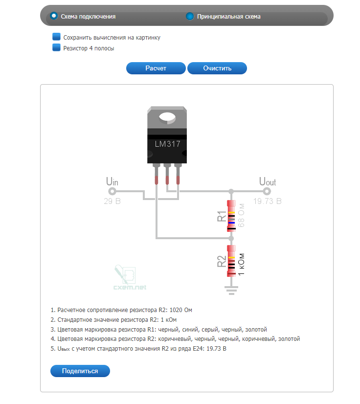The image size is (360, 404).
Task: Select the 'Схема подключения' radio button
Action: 54,16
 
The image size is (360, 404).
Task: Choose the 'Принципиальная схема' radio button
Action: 190,16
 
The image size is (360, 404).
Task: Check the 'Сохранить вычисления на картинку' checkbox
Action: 56,37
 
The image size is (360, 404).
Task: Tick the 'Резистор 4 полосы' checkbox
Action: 56,47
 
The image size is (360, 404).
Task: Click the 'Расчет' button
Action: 156,68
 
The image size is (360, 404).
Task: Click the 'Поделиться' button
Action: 80,371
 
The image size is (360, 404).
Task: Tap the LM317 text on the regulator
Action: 167,144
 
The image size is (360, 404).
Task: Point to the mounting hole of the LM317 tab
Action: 167,117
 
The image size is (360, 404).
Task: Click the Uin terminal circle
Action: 112,191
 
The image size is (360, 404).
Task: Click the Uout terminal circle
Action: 267,191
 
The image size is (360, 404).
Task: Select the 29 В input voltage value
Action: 112,201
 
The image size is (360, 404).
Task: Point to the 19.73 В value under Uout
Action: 267,201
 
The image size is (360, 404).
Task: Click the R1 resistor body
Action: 231,216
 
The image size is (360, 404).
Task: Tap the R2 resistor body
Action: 231,261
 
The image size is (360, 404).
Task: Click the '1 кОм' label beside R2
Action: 241,264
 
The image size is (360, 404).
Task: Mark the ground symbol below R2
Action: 231,291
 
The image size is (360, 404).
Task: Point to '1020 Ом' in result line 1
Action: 180,310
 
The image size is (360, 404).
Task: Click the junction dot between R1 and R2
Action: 231,238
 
